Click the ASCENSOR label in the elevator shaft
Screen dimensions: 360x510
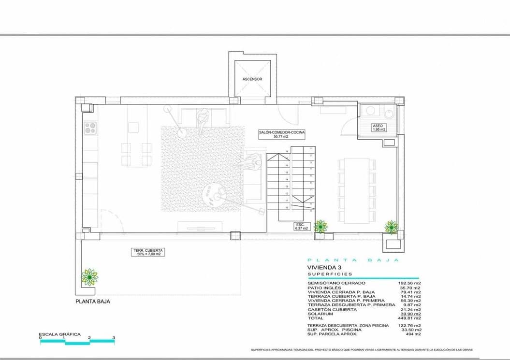pyautogui.click(x=252, y=79)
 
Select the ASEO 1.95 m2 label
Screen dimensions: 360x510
pyautogui.click(x=379, y=128)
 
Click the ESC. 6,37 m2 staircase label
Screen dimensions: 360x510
pyautogui.click(x=301, y=226)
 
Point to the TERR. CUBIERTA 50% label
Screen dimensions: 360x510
pyautogui.click(x=147, y=252)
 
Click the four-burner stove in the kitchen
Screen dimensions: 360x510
pyautogui.click(x=90, y=128)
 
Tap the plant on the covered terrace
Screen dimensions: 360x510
pyautogui.click(x=89, y=276)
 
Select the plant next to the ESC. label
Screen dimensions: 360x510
pyautogui.click(x=320, y=226)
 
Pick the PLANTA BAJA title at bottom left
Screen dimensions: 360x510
pyautogui.click(x=93, y=301)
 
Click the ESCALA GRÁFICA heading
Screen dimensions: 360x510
pyautogui.click(x=56, y=334)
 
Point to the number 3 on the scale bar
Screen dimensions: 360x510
pyautogui.click(x=113, y=338)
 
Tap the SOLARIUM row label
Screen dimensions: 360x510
pyautogui.click(x=320, y=314)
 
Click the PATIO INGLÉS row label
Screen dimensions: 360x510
pyautogui.click(x=324, y=288)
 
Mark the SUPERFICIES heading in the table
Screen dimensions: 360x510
pyautogui.click(x=330, y=274)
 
